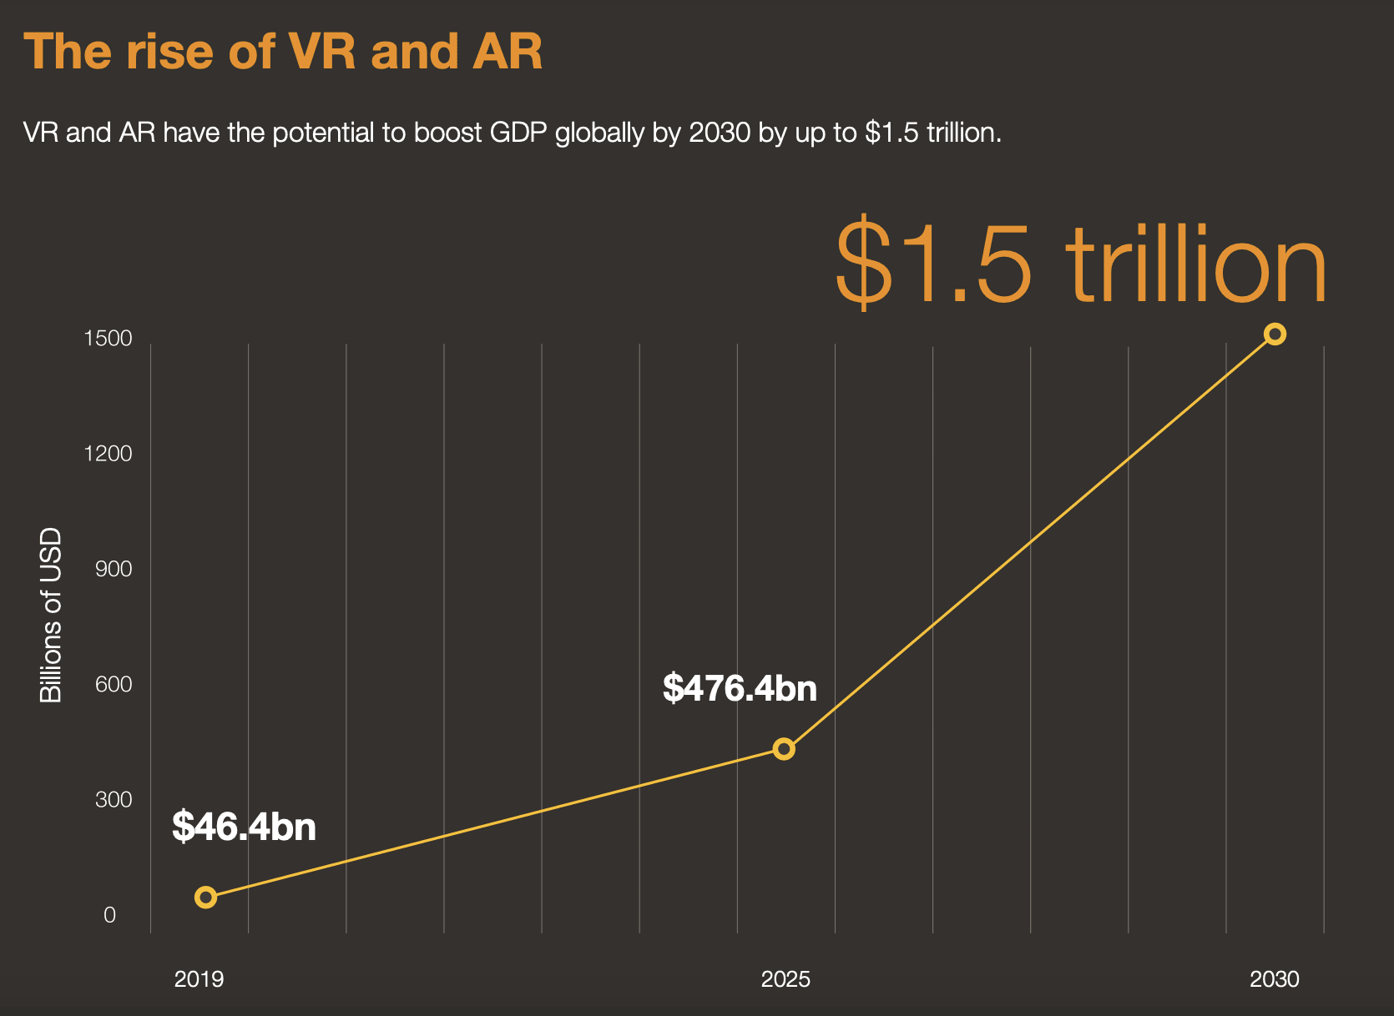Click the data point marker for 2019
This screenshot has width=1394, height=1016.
tap(205, 898)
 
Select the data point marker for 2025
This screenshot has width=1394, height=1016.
tap(783, 749)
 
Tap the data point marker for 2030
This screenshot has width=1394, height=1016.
tap(1274, 334)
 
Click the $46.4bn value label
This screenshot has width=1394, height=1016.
tap(244, 827)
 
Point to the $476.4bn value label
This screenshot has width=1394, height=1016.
tap(740, 688)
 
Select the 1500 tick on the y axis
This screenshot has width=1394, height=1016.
tap(108, 339)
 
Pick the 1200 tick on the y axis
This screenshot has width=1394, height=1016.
tap(108, 454)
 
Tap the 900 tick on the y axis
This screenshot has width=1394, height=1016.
tap(114, 570)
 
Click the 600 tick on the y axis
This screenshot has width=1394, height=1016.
tap(114, 685)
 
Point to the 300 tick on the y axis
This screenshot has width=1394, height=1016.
tap(114, 800)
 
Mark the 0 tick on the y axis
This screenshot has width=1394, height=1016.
tap(109, 915)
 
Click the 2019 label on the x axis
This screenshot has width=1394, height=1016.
tap(199, 979)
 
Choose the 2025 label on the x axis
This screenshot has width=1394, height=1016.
tap(785, 979)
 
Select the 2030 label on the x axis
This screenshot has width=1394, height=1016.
tap(1274, 979)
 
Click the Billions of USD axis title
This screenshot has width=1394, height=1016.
tap(52, 616)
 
